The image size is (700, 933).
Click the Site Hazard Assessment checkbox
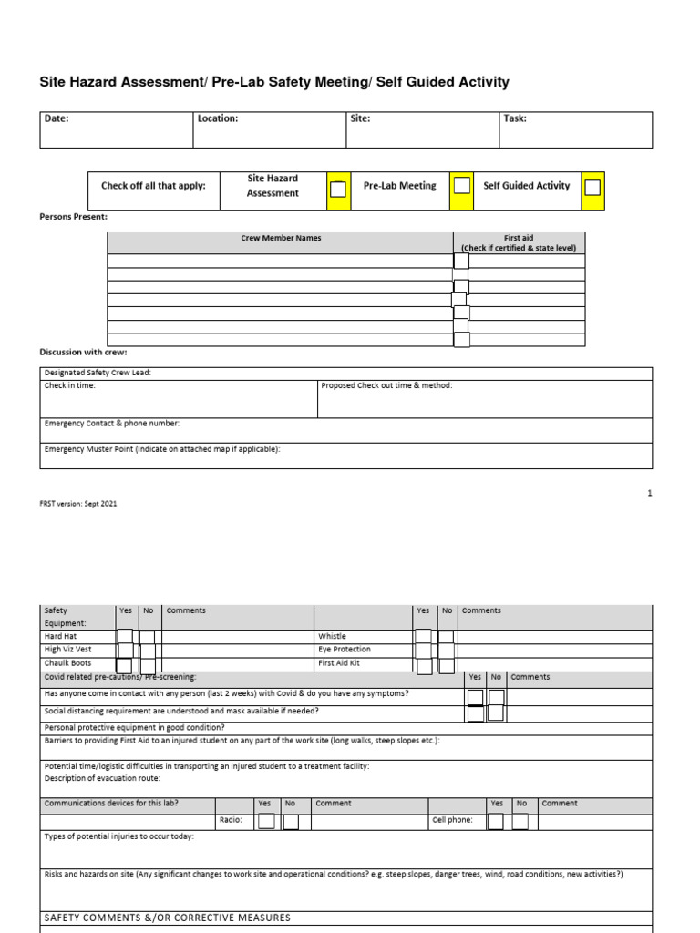point(337,189)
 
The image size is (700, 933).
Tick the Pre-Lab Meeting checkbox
point(462,185)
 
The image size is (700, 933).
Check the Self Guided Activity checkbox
point(592,187)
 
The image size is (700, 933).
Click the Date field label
point(57,118)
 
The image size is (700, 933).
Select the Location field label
point(218,118)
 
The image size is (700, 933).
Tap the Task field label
point(515,118)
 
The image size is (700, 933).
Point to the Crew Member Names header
point(281,238)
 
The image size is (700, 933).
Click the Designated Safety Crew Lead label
point(98,373)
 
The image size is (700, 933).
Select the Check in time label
point(70,385)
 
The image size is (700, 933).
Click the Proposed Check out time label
point(386,385)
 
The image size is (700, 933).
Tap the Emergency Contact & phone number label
point(112,424)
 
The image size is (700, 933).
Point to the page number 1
point(650,493)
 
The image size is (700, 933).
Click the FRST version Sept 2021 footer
point(78,503)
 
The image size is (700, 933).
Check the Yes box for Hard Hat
point(125,636)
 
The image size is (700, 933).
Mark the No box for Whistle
point(446,637)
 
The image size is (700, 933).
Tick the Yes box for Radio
point(266,821)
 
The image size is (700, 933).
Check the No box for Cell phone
point(520,821)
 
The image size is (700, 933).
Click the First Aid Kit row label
point(339,663)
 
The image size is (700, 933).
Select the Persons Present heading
point(74,217)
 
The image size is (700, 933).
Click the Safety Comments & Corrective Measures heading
point(168,918)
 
